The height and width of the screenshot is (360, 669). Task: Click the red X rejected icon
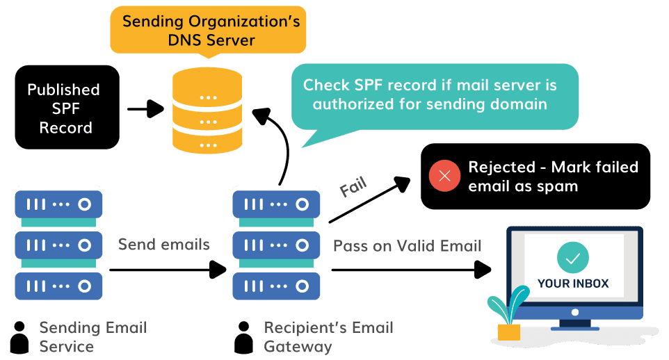[444, 176]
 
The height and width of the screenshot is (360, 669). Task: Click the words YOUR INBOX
[572, 284]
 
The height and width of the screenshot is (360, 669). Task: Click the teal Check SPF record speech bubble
[435, 96]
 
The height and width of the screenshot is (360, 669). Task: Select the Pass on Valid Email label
[407, 246]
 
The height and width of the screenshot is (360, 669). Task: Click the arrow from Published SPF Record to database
[146, 108]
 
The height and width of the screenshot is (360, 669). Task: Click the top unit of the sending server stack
[58, 204]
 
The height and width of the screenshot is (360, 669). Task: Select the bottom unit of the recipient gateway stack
[276, 284]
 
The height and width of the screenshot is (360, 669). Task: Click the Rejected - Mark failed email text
[553, 177]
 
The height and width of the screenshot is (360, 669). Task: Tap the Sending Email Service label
[92, 336]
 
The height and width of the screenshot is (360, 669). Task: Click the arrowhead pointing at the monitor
[484, 269]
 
